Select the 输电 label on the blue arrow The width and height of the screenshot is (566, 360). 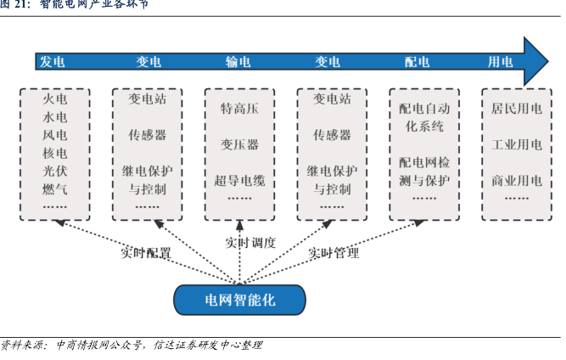(238, 62)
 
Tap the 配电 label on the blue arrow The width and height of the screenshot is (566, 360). (417, 62)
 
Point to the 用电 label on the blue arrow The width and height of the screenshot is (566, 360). (500, 62)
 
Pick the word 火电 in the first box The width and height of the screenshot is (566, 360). (55, 99)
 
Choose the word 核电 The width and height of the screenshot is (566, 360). (55, 153)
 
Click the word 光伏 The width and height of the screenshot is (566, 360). (55, 171)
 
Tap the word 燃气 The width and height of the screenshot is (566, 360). (55, 188)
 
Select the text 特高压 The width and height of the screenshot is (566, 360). (239, 109)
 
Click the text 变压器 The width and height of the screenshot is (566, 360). (239, 144)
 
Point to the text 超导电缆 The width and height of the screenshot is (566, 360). (239, 180)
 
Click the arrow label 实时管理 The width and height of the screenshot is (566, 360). (333, 253)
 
